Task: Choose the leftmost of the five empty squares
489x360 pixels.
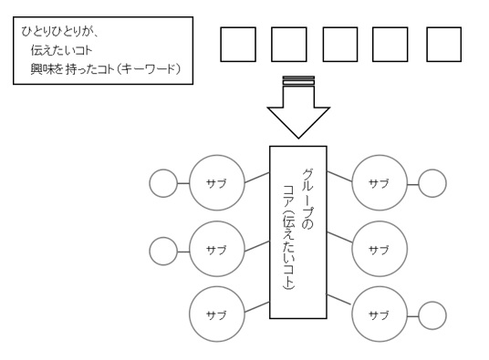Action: click(x=238, y=43)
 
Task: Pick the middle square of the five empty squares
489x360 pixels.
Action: click(x=341, y=43)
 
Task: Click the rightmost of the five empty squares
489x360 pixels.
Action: click(x=444, y=43)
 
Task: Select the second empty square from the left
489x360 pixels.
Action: click(x=290, y=43)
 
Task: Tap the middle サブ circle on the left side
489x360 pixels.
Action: click(x=217, y=248)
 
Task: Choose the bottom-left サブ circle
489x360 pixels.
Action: click(x=217, y=314)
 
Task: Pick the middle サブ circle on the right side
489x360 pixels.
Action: click(x=378, y=248)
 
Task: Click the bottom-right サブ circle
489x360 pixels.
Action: click(x=378, y=314)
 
